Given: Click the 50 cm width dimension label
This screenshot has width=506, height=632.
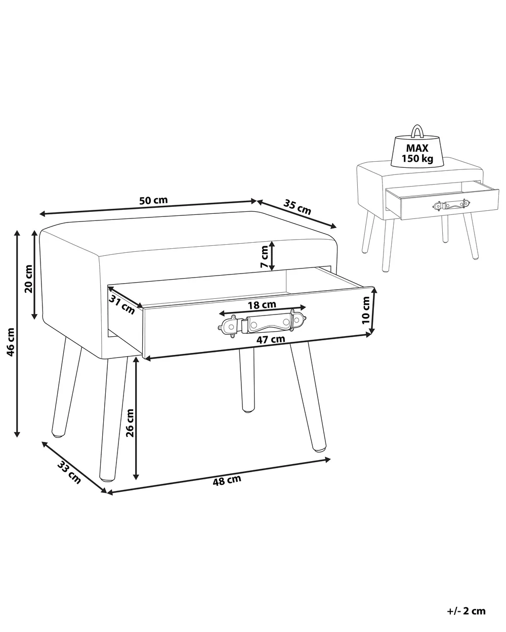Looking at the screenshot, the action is [x=153, y=200].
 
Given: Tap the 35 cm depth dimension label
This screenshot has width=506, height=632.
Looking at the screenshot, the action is [x=297, y=207].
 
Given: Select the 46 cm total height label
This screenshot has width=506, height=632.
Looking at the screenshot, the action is [x=10, y=342].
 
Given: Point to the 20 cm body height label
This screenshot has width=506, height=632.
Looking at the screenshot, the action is [x=28, y=279].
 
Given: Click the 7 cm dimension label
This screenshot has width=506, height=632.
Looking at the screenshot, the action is [x=264, y=257].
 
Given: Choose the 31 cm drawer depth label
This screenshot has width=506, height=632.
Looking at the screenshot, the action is [x=122, y=304].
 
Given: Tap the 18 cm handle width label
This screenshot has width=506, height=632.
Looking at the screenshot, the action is [x=262, y=305].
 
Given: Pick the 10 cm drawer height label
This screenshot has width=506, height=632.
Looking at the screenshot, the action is [x=365, y=310].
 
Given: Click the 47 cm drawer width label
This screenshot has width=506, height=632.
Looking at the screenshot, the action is [x=271, y=339].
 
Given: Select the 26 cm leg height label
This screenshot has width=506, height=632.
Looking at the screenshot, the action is [x=130, y=423].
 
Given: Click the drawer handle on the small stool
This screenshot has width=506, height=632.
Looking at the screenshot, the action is [x=451, y=205].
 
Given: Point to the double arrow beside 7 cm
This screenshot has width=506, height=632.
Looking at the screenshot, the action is [x=272, y=256].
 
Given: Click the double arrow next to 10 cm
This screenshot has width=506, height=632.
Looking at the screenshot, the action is [x=374, y=311].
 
